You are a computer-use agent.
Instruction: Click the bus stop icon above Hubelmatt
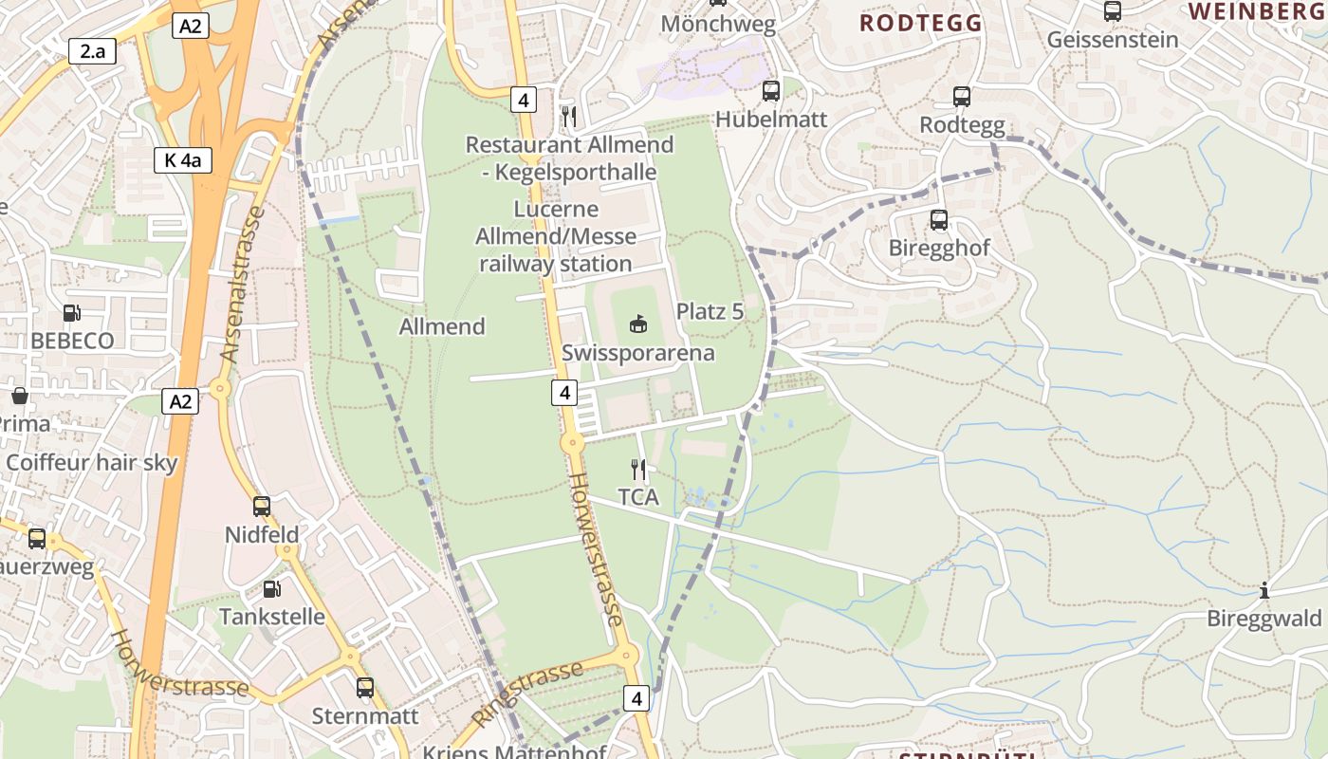point(771,91)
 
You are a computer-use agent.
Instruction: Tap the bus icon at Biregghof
point(939,220)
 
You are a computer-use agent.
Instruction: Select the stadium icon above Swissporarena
point(638,324)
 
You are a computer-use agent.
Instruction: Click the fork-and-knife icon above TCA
point(638,469)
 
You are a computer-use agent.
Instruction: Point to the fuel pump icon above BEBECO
point(71,312)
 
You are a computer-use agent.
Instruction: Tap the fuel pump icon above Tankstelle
point(271,589)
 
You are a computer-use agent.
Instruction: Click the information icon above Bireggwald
point(1263,591)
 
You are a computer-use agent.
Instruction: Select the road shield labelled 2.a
point(92,51)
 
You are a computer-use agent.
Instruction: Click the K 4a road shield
point(182,160)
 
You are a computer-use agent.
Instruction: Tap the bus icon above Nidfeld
point(262,507)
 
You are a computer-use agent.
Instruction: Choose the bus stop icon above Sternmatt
point(365,688)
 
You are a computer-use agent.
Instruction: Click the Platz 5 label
point(710,311)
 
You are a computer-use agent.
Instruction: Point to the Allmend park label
point(441,326)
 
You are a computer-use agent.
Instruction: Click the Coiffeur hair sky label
point(92,463)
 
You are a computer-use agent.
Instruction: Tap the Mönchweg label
point(718,25)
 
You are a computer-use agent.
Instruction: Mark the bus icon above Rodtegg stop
point(962,97)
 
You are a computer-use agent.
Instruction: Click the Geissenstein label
point(1113,40)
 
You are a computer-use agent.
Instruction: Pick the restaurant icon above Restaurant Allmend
point(569,116)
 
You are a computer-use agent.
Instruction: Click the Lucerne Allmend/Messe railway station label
point(556,236)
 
